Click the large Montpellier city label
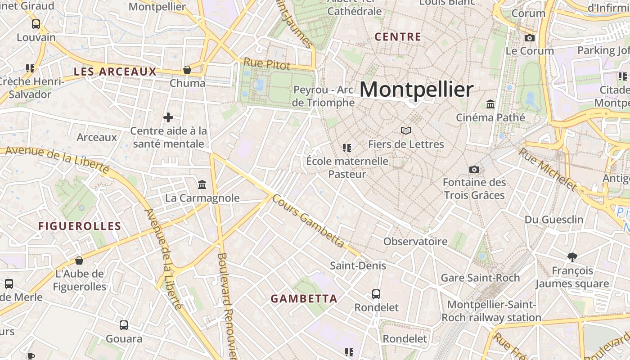click(x=416, y=89)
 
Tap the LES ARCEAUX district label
click(x=115, y=72)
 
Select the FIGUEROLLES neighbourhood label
click(x=80, y=226)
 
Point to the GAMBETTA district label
click(x=304, y=298)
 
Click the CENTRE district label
click(x=398, y=37)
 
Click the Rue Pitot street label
click(x=267, y=64)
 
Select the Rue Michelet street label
click(x=547, y=169)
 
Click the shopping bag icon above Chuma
click(x=187, y=70)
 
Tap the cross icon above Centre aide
click(x=168, y=117)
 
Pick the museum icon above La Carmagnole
click(x=202, y=184)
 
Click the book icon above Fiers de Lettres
click(x=406, y=131)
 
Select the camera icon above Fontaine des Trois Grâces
click(x=474, y=169)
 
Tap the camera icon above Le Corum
click(x=530, y=38)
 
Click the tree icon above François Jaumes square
click(x=572, y=257)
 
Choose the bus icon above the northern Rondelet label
click(x=376, y=294)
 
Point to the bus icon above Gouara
click(x=124, y=325)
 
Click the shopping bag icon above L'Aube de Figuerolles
click(x=79, y=261)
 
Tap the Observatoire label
click(x=415, y=241)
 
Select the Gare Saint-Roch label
click(x=480, y=278)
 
